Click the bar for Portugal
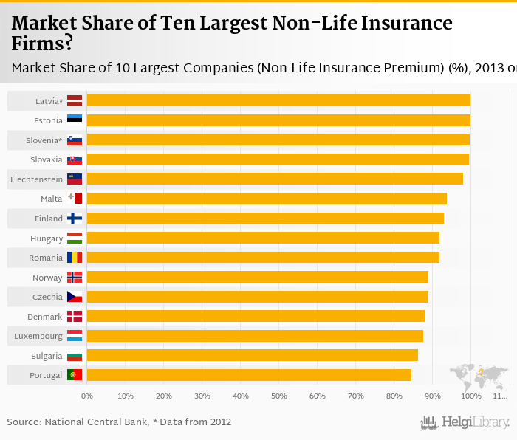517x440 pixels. click(x=249, y=375)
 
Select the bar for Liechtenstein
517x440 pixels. click(x=275, y=179)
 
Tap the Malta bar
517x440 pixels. click(x=267, y=199)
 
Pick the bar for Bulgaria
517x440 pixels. click(x=252, y=355)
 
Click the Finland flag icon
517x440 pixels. click(x=75, y=219)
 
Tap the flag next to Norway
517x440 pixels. click(x=75, y=277)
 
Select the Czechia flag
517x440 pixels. click(x=75, y=297)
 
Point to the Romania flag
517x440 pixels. click(x=75, y=258)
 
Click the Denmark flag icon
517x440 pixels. click(x=75, y=316)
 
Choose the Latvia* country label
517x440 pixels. click(x=49, y=100)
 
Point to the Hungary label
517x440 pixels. click(x=47, y=238)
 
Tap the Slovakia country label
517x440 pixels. click(x=46, y=159)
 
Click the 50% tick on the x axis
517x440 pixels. click(x=278, y=396)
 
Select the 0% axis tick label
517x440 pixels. click(x=86, y=396)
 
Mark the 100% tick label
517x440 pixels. click(x=470, y=396)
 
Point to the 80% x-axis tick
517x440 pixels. click(x=394, y=396)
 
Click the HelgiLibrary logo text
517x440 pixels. click(x=476, y=423)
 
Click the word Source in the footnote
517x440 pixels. click(x=24, y=422)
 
